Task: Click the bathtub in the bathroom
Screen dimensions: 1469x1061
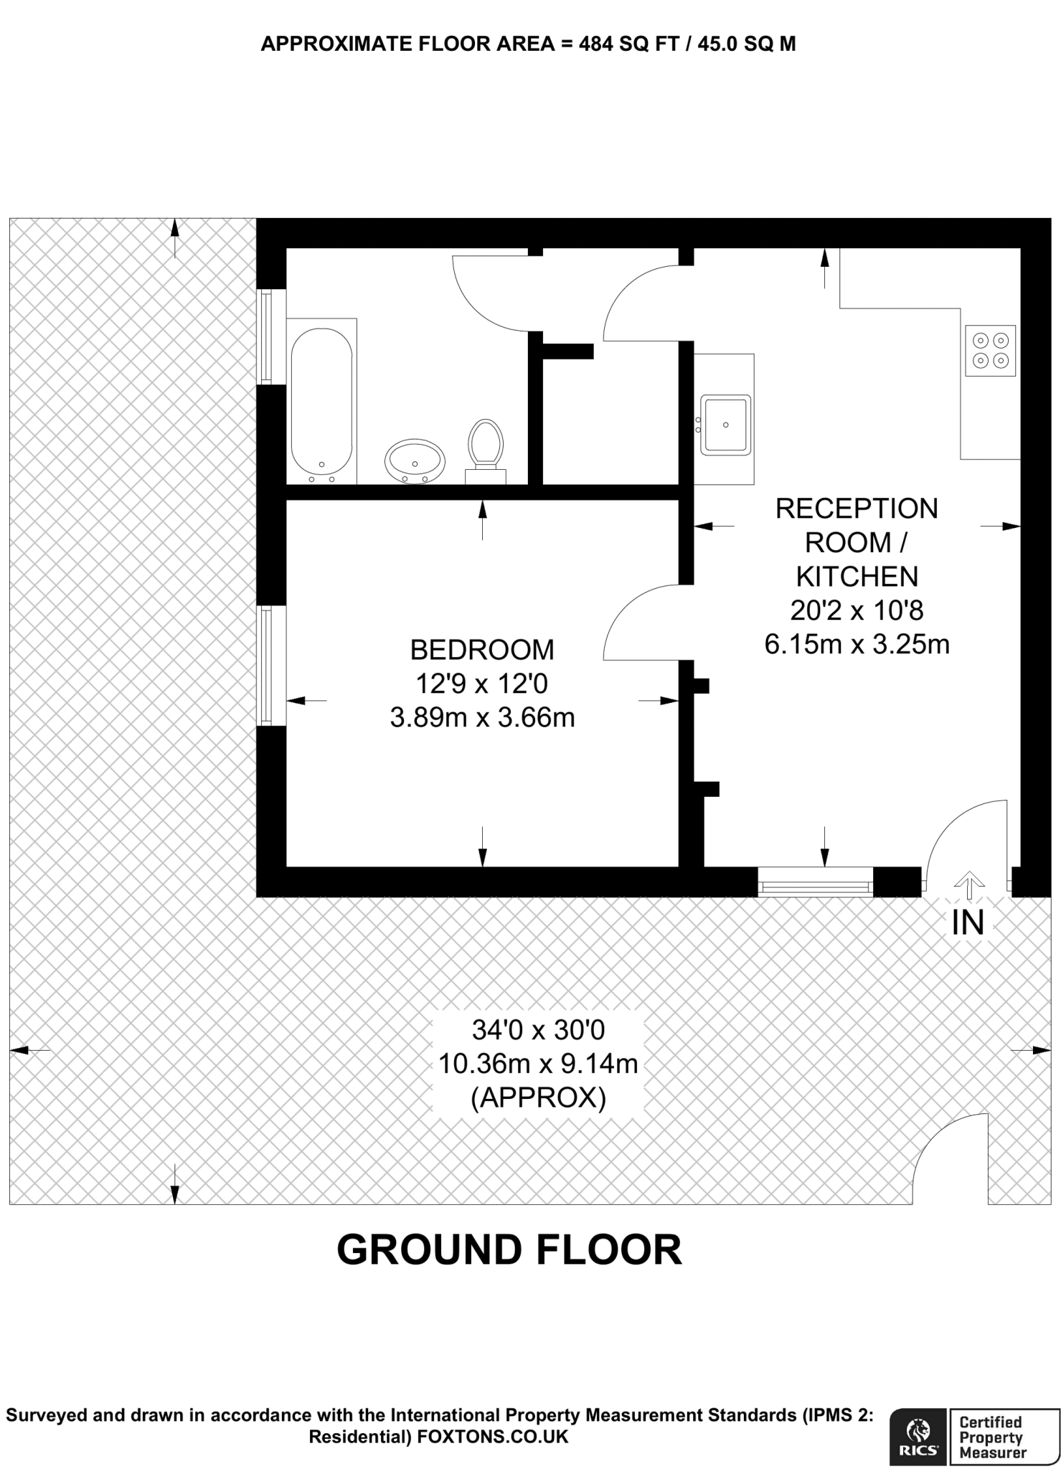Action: (x=321, y=402)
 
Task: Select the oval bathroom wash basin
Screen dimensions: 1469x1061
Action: (x=415, y=461)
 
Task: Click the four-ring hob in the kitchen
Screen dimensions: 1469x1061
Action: (x=991, y=351)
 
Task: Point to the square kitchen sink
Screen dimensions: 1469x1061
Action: (x=725, y=425)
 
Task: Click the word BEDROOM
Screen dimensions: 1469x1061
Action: (x=482, y=650)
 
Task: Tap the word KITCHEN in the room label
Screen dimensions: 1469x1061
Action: (x=857, y=577)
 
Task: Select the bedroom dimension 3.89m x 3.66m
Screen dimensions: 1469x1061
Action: (x=482, y=717)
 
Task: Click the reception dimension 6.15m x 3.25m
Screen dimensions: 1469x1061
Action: (x=857, y=644)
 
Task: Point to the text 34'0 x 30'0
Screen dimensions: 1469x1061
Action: (x=538, y=1030)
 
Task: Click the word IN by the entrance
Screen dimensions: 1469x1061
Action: (x=968, y=923)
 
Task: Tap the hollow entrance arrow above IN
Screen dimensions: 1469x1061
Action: (x=968, y=885)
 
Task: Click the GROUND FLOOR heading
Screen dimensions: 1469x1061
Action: (x=509, y=1250)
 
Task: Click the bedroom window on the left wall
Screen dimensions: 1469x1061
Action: (x=267, y=665)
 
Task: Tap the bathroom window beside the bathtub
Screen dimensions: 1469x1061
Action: (x=267, y=336)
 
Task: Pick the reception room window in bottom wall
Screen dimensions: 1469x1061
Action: (x=815, y=882)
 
